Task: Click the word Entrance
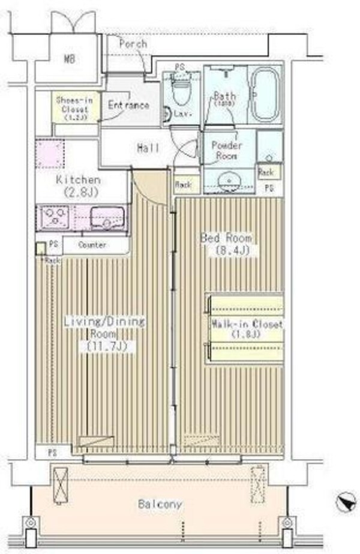[128, 105]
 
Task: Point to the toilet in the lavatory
[179, 92]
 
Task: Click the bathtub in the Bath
[265, 94]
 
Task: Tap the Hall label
[148, 147]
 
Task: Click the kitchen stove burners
[54, 217]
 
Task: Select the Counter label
[92, 245]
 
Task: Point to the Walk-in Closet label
[246, 330]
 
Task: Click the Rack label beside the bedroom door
[182, 186]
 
